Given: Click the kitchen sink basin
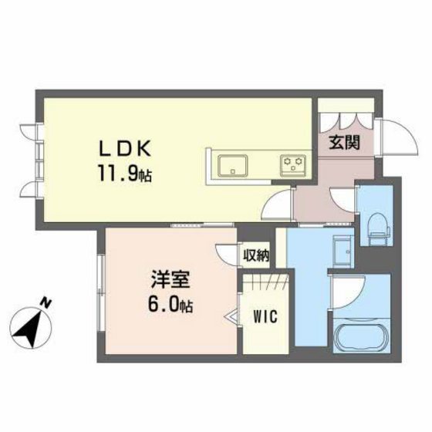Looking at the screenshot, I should coord(231,164).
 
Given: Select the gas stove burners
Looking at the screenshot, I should coord(293,164).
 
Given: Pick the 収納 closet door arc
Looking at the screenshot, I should coord(225,253).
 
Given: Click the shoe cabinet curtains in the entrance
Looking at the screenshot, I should coord(346,120).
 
